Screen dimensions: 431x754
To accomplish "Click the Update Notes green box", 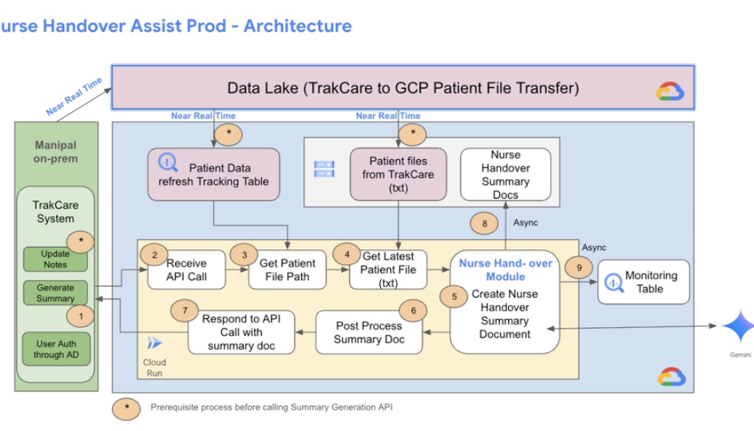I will coord(55,259).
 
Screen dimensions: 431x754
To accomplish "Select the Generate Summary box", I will coord(55,292).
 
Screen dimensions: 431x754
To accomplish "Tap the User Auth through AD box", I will coord(55,348).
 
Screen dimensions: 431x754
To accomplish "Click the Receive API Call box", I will coord(186,270).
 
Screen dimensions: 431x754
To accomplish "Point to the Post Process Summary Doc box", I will coord(369,332).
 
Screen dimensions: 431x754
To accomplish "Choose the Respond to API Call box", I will coord(241,332).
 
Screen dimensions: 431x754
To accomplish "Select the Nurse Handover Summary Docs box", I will coord(505,175).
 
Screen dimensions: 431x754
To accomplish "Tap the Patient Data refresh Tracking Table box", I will coord(214,175).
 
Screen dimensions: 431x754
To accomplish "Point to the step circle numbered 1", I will coord(81,316).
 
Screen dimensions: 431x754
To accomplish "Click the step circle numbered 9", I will coord(579,269).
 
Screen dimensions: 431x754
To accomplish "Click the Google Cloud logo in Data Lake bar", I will coord(671,91).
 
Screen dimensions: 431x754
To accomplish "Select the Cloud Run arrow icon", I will coord(155,343).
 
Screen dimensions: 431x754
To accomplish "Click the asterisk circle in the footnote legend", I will coord(127,407).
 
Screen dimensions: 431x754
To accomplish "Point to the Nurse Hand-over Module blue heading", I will coord(505,270).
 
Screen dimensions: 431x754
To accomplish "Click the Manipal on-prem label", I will coord(55,152).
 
